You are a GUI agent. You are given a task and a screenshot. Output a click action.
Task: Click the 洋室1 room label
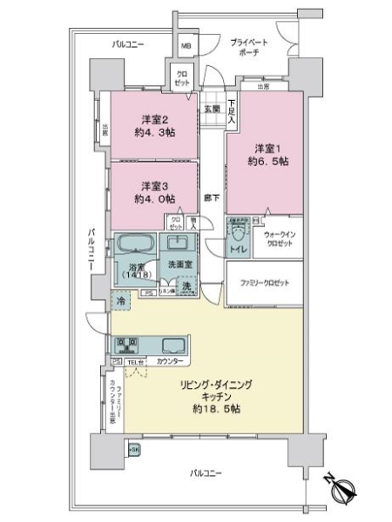[x=264, y=149]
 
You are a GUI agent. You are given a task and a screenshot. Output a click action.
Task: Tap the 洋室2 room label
[x=153, y=119]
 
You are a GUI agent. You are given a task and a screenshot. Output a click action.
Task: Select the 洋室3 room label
[x=153, y=186]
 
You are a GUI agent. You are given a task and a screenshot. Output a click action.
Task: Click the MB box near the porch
[x=186, y=46]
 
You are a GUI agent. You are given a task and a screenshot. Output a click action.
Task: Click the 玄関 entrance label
[x=212, y=109]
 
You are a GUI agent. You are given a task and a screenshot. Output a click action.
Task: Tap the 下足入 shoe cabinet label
[x=232, y=110]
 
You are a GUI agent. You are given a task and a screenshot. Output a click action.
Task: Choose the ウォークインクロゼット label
[x=278, y=239]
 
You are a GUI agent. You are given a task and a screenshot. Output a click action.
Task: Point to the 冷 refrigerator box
[x=120, y=300]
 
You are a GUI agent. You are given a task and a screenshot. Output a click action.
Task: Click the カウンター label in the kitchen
[x=171, y=359]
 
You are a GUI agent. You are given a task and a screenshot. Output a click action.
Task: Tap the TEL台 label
[x=136, y=359]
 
